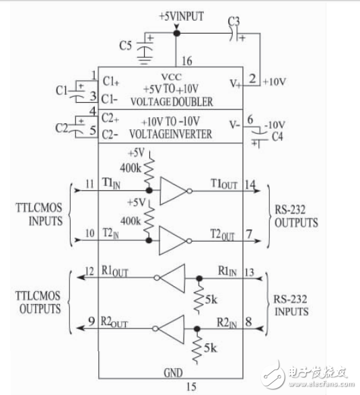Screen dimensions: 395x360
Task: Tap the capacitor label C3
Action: (234, 22)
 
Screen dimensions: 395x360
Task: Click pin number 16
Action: (186, 61)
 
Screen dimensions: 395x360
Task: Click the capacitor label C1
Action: (61, 89)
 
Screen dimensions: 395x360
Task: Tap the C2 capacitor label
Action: (61, 127)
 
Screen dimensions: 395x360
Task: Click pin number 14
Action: (250, 182)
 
